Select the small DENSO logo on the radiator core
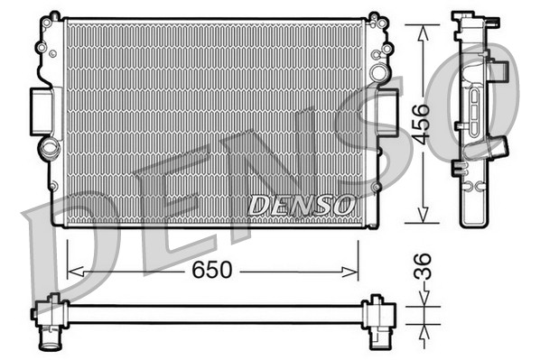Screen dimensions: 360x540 302,205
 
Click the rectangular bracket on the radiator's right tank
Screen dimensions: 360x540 389,111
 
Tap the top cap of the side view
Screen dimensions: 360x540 466,18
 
